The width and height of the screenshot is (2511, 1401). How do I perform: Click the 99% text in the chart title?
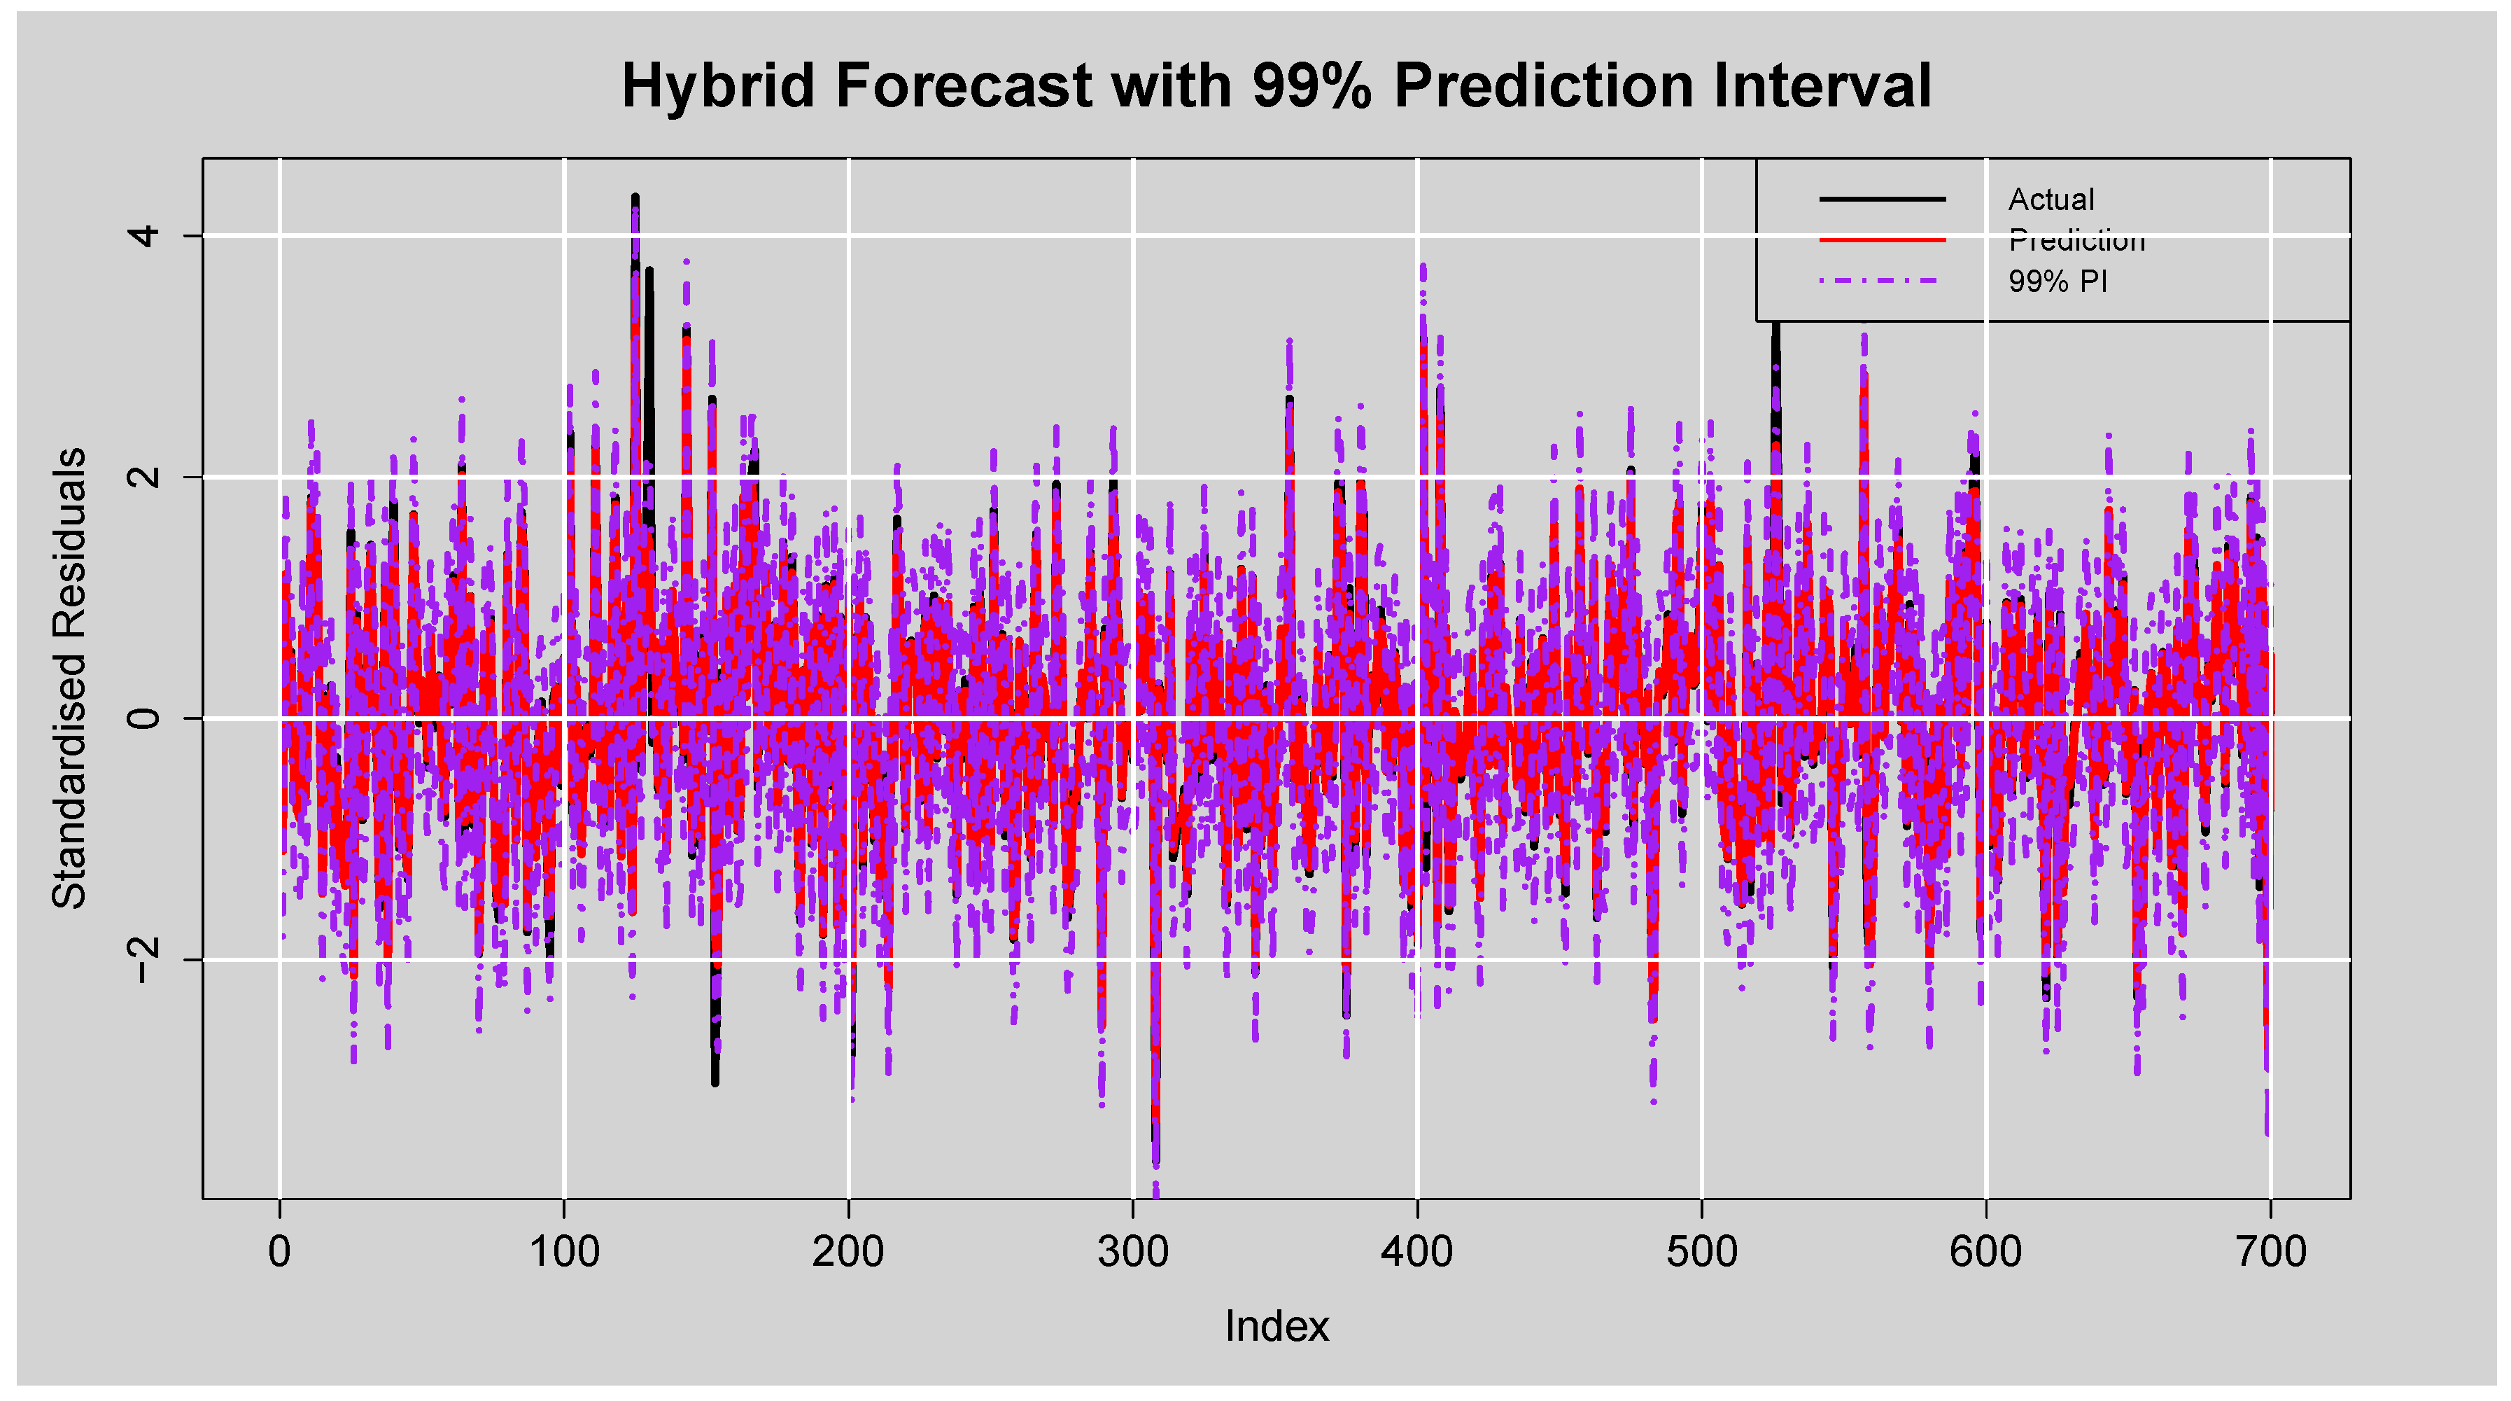point(1311,86)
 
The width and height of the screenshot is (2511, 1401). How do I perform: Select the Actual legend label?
point(2051,200)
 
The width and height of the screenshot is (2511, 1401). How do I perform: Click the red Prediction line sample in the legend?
point(1881,240)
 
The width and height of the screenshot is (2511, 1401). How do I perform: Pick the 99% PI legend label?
point(2057,281)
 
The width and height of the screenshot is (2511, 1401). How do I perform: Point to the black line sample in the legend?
point(1881,199)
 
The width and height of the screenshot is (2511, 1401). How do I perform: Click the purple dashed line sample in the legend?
point(1881,281)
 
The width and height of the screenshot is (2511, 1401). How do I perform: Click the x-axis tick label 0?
point(280,1252)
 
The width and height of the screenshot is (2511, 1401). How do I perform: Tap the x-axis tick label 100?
point(564,1252)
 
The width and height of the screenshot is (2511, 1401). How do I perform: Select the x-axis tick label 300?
point(1132,1252)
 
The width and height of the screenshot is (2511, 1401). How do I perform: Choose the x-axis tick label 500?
point(1702,1252)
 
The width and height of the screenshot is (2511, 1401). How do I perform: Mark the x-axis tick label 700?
point(2271,1252)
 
